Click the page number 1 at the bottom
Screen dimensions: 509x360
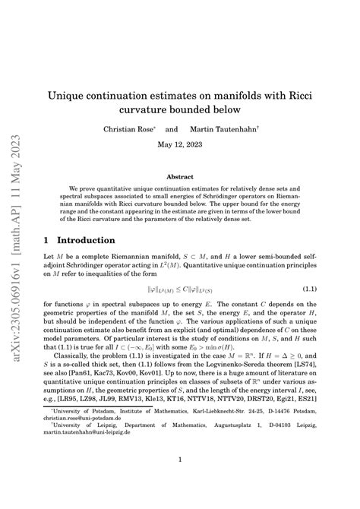pos(180,460)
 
